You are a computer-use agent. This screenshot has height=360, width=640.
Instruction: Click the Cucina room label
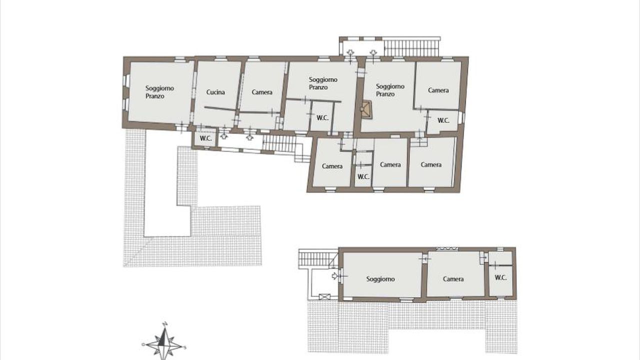coord(215,92)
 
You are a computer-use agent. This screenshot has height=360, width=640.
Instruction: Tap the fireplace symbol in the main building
coord(366,109)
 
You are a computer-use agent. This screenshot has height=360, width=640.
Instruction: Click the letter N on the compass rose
coord(164,324)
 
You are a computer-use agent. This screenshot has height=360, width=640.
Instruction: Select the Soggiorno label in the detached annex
coord(380,279)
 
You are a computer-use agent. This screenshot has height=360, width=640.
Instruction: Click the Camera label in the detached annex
coord(453,279)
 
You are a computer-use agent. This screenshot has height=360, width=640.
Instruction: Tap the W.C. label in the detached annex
coord(500,277)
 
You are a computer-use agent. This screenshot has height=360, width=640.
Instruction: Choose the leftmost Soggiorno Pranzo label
coord(159,92)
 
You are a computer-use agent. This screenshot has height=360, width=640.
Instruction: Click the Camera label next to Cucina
coord(262,92)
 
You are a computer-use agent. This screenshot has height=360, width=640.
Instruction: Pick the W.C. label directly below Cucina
coord(205,138)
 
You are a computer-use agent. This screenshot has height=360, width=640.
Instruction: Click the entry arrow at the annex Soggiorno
coord(334,276)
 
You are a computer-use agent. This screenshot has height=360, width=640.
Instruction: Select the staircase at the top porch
coord(411,47)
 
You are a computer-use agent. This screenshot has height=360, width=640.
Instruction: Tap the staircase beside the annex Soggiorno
coord(317,258)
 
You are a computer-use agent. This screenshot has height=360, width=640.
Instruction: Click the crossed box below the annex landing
coord(324,297)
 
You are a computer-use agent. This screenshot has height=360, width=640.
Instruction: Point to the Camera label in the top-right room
coord(438,90)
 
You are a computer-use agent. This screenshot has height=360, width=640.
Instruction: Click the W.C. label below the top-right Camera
coord(443,120)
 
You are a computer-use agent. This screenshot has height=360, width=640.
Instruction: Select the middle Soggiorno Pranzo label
coord(323,83)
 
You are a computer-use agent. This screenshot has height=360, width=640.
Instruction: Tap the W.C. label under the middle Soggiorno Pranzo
coord(322,117)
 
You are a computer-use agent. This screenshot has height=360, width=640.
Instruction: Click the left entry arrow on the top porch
coord(350,52)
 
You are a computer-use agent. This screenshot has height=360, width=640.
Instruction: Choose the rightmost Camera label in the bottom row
coord(431,164)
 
